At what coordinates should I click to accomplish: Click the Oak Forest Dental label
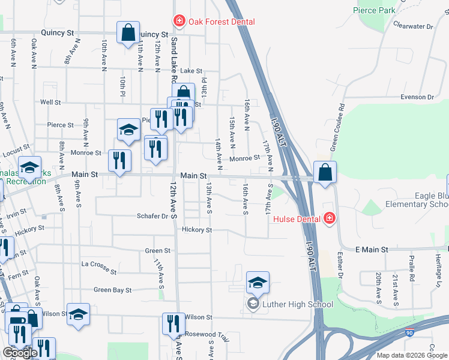pyautogui.click(x=222, y=22)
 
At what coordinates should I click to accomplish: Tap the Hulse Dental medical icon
pyautogui.click(x=328, y=218)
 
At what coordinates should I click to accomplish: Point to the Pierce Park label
pyautogui.click(x=374, y=10)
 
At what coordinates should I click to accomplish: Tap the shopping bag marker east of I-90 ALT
pyautogui.click(x=325, y=172)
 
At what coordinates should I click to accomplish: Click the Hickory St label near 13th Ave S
pyautogui.click(x=197, y=230)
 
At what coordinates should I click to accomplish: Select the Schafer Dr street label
pyautogui.click(x=152, y=216)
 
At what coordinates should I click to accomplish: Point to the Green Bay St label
pyautogui.click(x=112, y=290)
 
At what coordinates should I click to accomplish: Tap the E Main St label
pyautogui.click(x=372, y=249)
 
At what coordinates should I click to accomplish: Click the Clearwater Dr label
pyautogui.click(x=412, y=26)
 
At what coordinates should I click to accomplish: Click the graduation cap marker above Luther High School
pyautogui.click(x=258, y=282)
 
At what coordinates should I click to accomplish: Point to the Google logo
pyautogui.click(x=20, y=353)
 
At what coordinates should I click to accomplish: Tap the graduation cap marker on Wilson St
pyautogui.click(x=78, y=314)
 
